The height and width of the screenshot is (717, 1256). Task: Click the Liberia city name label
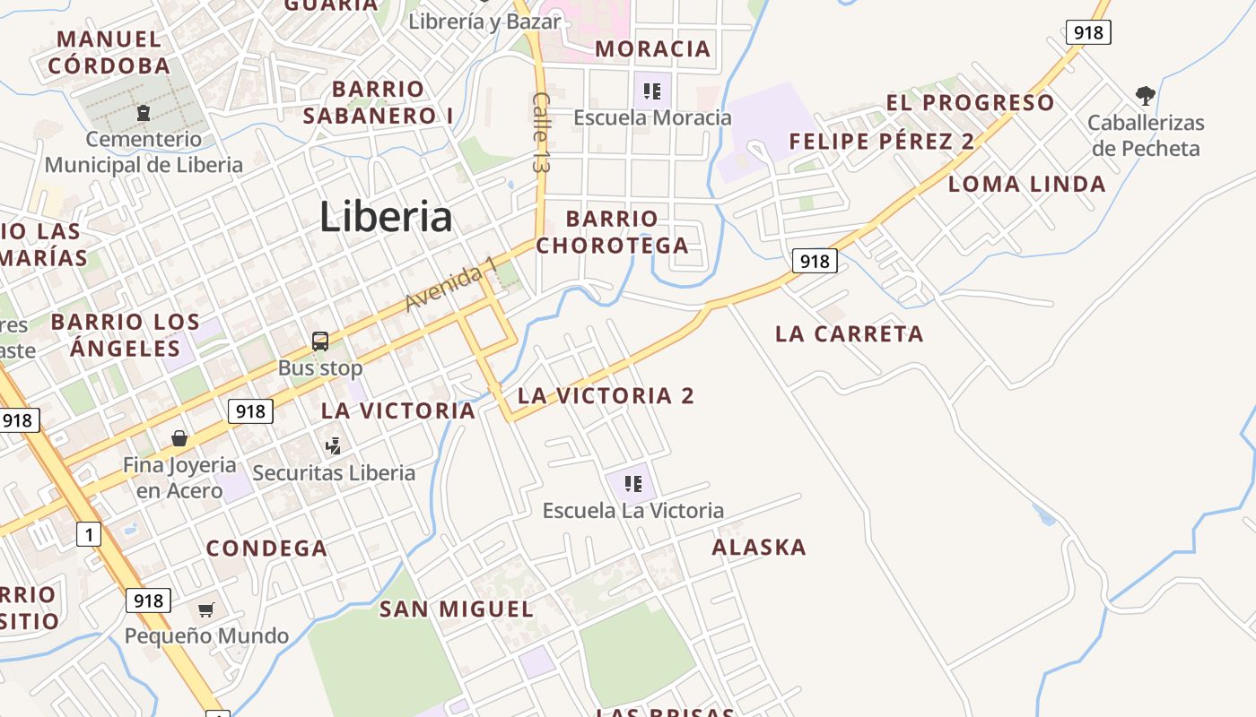click(x=386, y=217)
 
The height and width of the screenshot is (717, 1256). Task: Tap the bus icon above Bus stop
click(x=320, y=341)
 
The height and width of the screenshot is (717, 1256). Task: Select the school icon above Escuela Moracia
click(x=652, y=91)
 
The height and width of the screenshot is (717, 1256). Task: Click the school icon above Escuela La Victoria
click(x=633, y=484)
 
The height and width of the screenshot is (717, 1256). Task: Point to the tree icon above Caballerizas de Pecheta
click(x=1145, y=95)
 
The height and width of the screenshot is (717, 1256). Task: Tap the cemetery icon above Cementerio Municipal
click(x=143, y=113)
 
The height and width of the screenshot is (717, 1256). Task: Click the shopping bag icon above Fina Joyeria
click(x=179, y=438)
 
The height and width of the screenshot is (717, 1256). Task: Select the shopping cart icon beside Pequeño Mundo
click(x=206, y=610)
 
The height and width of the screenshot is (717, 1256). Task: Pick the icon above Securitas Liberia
click(x=334, y=445)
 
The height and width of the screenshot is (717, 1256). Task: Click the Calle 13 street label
click(x=541, y=133)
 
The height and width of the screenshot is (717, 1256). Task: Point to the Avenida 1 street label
click(x=451, y=284)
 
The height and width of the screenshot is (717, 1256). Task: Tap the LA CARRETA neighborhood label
click(x=849, y=334)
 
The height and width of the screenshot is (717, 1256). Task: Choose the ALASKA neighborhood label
click(x=759, y=547)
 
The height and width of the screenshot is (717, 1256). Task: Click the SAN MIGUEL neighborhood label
click(x=457, y=609)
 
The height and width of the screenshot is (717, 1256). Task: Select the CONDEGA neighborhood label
click(x=266, y=549)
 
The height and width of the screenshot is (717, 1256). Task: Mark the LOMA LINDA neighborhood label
click(x=1026, y=185)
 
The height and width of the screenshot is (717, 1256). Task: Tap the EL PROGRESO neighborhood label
click(x=970, y=102)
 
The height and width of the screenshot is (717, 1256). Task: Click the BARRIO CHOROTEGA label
click(x=613, y=232)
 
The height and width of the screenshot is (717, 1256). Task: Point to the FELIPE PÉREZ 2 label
click(x=881, y=142)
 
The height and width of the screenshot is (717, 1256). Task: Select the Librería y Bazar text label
click(x=484, y=22)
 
